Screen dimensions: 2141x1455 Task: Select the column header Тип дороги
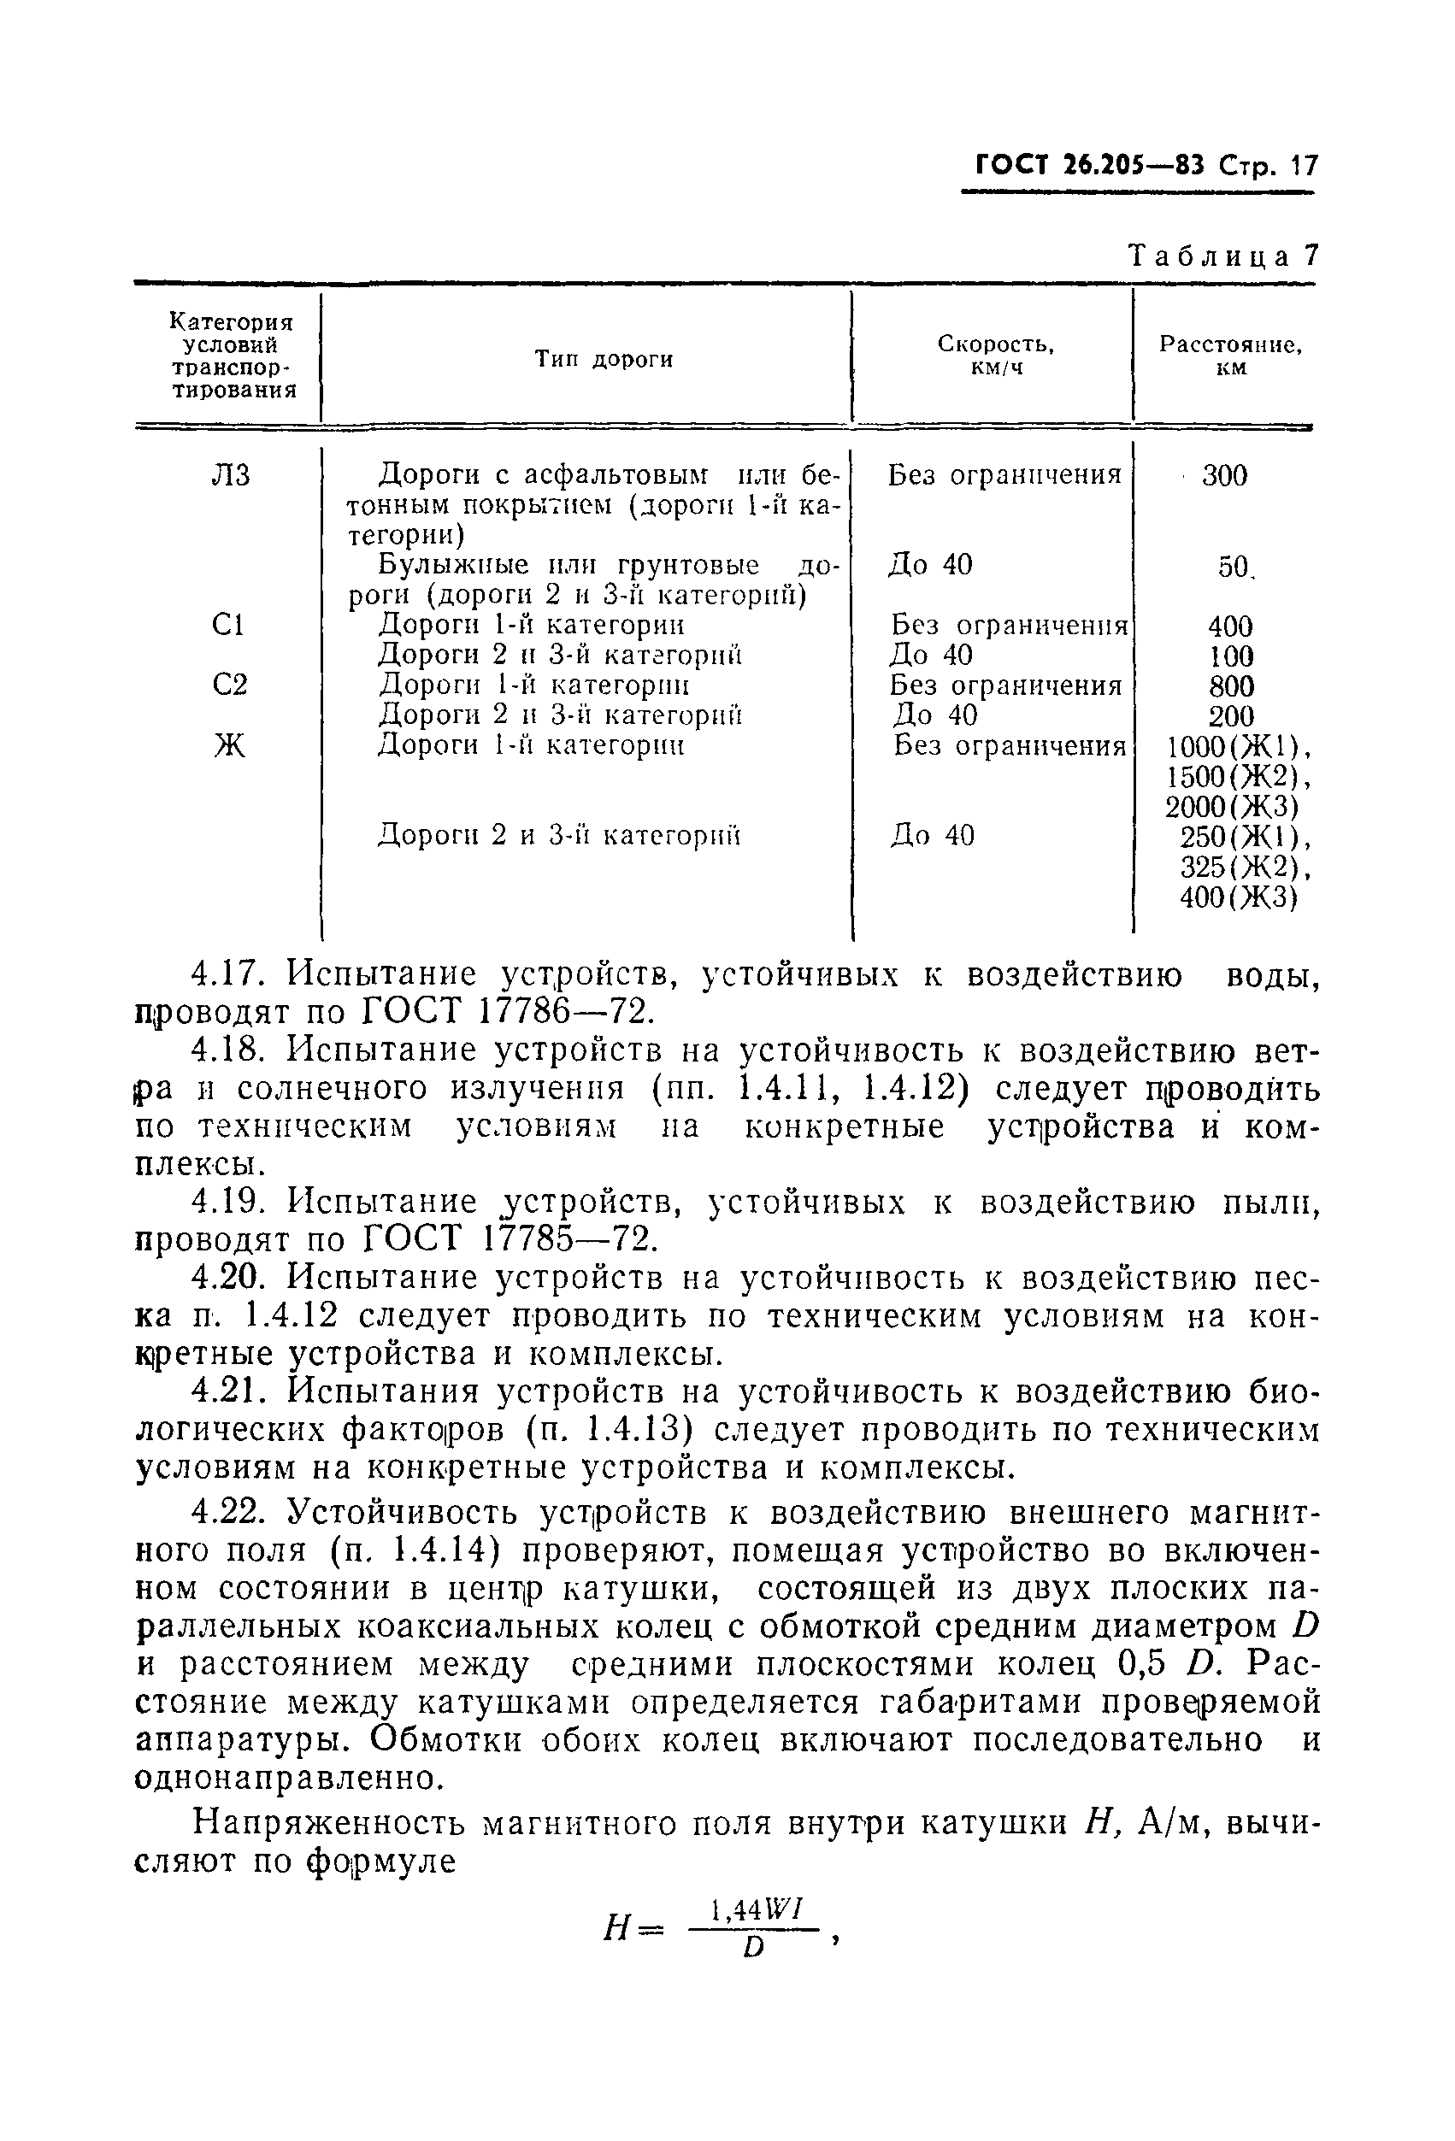(604, 359)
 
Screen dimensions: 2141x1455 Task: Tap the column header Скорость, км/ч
(996, 356)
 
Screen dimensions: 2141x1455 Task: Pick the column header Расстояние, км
(1230, 356)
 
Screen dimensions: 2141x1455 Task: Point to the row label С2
(229, 685)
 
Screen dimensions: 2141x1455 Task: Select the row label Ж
(229, 744)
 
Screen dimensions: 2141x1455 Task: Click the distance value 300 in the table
(1225, 475)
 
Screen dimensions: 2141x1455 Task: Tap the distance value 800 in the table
(1231, 686)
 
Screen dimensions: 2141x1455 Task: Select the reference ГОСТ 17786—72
(508, 1012)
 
